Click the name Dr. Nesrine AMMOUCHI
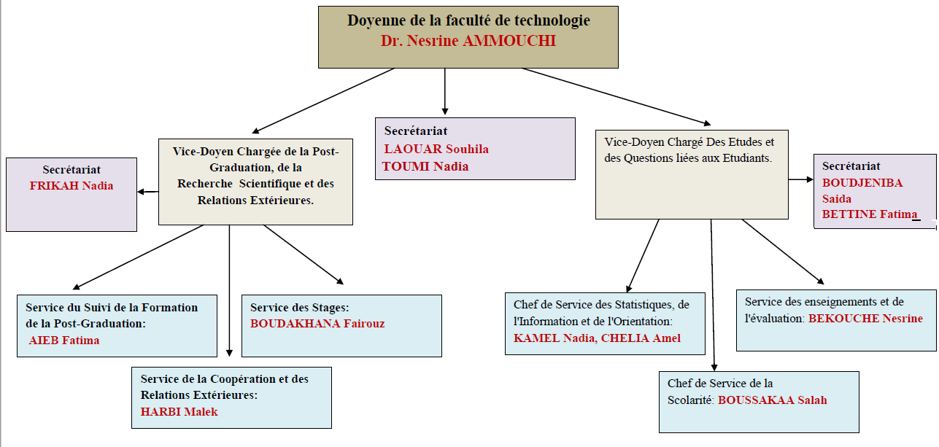tap(468, 41)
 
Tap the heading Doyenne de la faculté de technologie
tap(468, 20)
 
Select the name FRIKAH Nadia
tap(72, 186)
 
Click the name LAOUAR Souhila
tap(436, 149)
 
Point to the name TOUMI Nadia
tap(425, 166)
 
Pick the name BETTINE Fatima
tap(870, 214)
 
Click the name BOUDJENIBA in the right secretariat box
tap(862, 182)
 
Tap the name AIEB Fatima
tap(64, 341)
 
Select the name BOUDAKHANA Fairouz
tap(317, 324)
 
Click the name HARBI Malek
tap(179, 412)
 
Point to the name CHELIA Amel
tap(641, 338)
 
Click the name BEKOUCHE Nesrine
tap(865, 319)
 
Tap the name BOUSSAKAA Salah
tap(773, 400)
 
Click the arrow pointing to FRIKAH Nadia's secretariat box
tap(148, 192)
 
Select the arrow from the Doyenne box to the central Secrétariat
tap(445, 91)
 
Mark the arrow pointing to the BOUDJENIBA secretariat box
tap(800, 179)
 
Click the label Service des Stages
tap(299, 308)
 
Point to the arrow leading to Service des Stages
tap(304, 254)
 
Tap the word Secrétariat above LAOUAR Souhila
tap(416, 131)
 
